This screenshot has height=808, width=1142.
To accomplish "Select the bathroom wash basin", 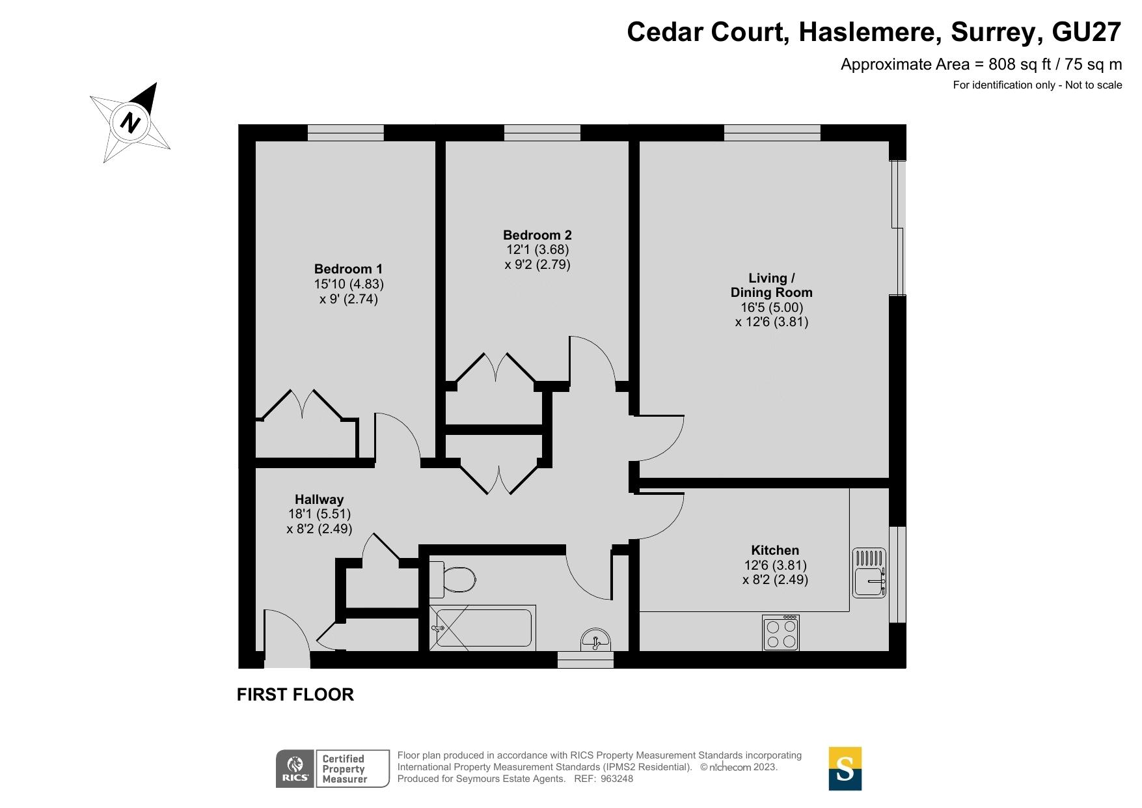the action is pyautogui.click(x=595, y=639).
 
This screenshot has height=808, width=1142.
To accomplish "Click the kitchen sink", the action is pyautogui.click(x=869, y=573).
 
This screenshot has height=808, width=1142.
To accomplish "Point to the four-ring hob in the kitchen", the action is pyautogui.click(x=781, y=633).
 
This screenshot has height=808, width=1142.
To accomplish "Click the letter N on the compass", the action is pyautogui.click(x=131, y=122).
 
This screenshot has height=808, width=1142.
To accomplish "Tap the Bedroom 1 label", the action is pyautogui.click(x=348, y=269).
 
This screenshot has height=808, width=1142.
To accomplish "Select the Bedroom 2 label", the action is pyautogui.click(x=537, y=235).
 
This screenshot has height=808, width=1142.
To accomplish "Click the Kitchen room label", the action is pyautogui.click(x=775, y=550).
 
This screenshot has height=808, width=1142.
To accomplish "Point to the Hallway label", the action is pyautogui.click(x=319, y=499).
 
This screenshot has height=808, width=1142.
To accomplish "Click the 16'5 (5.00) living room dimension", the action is pyautogui.click(x=772, y=307).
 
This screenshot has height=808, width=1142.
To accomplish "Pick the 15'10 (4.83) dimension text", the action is pyautogui.click(x=349, y=284).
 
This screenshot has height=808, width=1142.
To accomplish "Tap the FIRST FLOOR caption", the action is pyautogui.click(x=295, y=695).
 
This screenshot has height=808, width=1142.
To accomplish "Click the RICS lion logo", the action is pyautogui.click(x=295, y=769).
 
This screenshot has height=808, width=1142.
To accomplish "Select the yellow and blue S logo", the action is pyautogui.click(x=845, y=769).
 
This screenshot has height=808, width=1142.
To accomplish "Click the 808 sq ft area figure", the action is pyautogui.click(x=1020, y=64).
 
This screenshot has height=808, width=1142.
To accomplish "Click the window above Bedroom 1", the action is pyautogui.click(x=346, y=133).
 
